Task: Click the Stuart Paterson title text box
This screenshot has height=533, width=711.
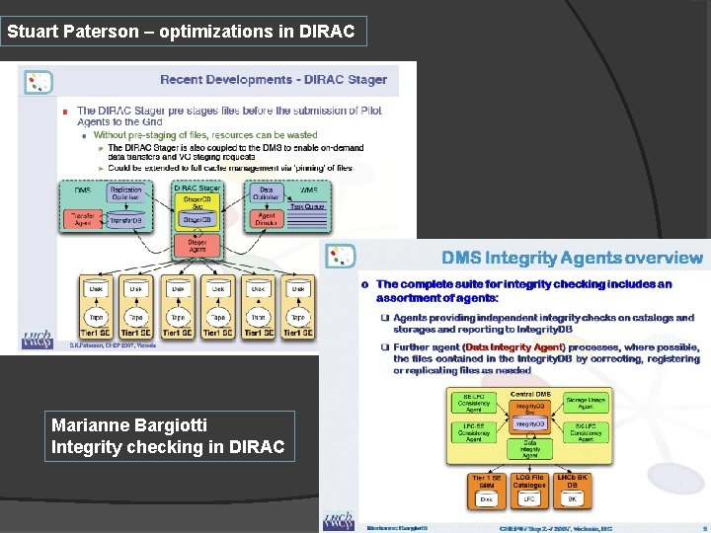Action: pos(184,32)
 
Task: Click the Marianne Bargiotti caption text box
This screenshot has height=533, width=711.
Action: pos(169,436)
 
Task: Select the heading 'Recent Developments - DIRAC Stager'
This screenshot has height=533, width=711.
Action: pos(275,80)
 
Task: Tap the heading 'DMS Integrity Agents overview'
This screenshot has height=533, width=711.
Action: pos(573,259)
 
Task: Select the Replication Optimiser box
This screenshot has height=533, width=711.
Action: pos(125,194)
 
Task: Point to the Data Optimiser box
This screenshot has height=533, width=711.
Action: pos(267,194)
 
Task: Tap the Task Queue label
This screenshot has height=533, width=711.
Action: pos(308,207)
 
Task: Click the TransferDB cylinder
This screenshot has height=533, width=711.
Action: pos(125,219)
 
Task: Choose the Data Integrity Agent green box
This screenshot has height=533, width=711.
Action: pos(529,449)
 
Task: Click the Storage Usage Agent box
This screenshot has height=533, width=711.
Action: pos(586,402)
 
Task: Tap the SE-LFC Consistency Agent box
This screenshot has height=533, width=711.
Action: pos(474,402)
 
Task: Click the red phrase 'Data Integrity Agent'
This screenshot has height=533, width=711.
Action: pos(513,347)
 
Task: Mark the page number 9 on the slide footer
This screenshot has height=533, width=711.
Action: pos(703,528)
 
